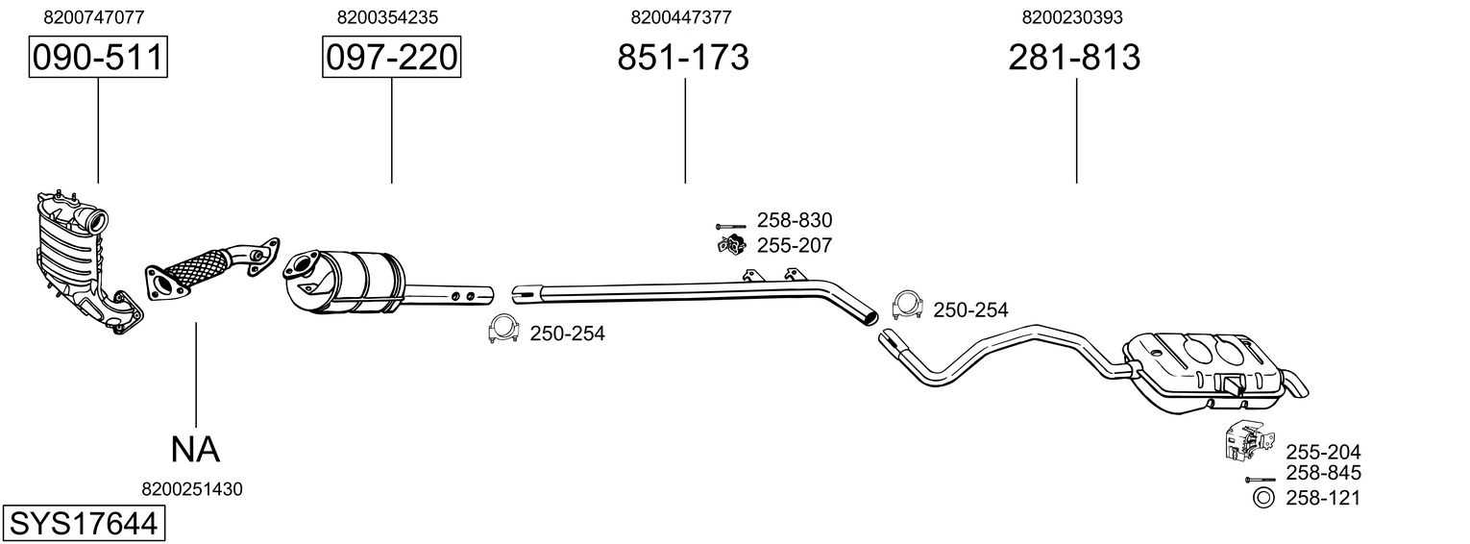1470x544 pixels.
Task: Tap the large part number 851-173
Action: pyautogui.click(x=683, y=58)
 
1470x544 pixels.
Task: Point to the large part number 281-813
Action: pyautogui.click(x=1074, y=58)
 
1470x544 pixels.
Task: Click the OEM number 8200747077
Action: pyautogui.click(x=94, y=17)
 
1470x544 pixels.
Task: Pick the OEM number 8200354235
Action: pyautogui.click(x=388, y=17)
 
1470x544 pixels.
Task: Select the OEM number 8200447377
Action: pyautogui.click(x=681, y=17)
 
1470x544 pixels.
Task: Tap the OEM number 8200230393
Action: pyautogui.click(x=1073, y=17)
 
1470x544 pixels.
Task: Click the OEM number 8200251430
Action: pyautogui.click(x=192, y=489)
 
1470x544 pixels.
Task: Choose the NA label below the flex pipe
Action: pyautogui.click(x=195, y=448)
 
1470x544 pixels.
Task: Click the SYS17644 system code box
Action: pyautogui.click(x=83, y=525)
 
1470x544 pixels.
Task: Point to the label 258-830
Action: pyautogui.click(x=795, y=221)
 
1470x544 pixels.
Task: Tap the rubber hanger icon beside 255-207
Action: pyautogui.click(x=731, y=245)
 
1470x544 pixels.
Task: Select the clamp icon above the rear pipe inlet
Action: pyautogui.click(x=907, y=305)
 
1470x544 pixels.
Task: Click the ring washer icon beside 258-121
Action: pyautogui.click(x=1263, y=497)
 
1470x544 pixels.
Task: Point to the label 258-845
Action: pyautogui.click(x=1323, y=473)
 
